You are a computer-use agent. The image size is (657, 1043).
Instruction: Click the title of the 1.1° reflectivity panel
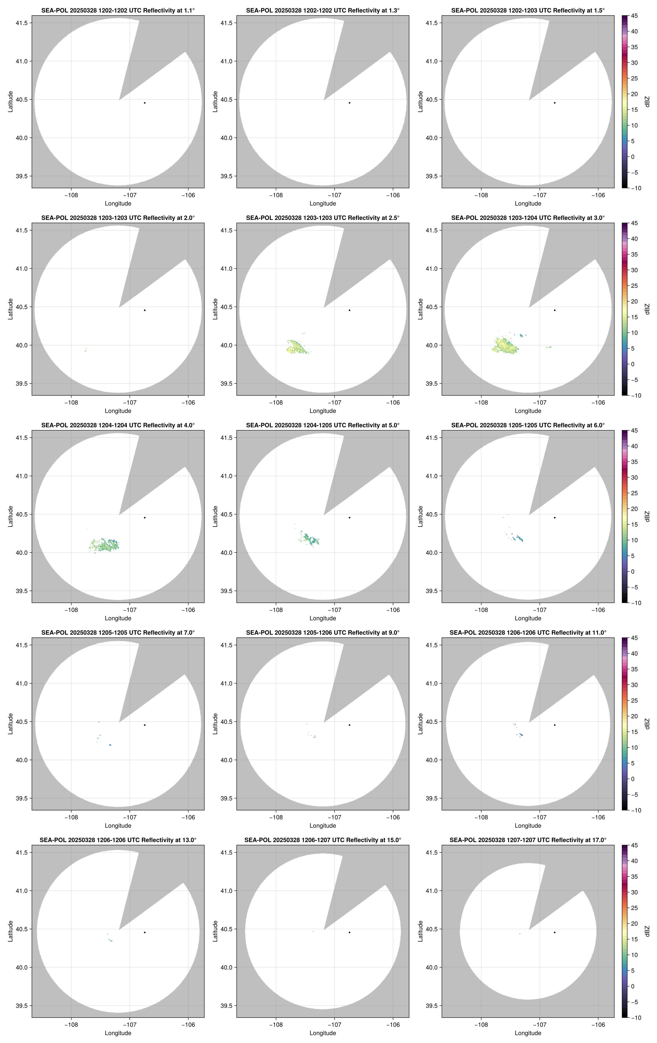[x=118, y=10]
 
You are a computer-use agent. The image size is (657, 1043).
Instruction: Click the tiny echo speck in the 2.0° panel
[x=86, y=349]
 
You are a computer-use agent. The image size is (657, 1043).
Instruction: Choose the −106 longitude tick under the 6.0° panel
[x=598, y=610]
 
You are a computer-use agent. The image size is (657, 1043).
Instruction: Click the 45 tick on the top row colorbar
[x=634, y=16]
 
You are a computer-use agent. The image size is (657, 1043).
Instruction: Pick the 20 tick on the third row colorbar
[x=634, y=509]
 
